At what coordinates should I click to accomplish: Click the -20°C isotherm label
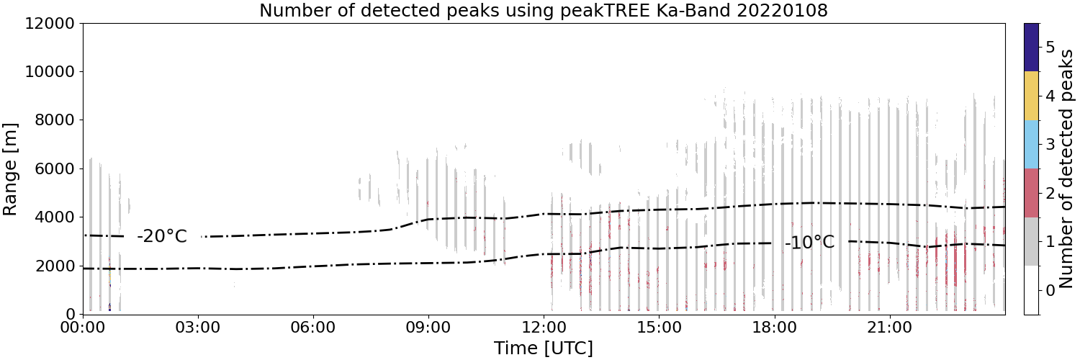tap(162, 236)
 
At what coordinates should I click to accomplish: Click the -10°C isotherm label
tap(809, 242)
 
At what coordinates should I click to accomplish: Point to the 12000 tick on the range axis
tap(50, 23)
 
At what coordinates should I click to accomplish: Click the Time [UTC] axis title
tap(544, 348)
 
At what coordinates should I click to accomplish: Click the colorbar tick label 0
tap(1050, 291)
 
